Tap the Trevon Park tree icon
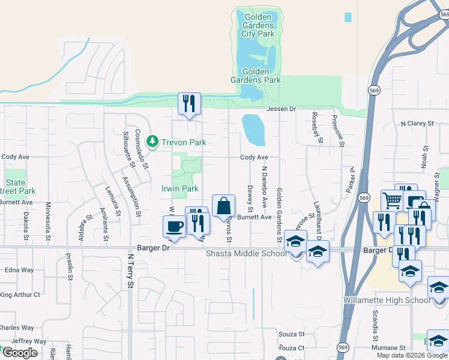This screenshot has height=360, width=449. [x=154, y=142]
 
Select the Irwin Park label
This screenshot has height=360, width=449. [x=180, y=188]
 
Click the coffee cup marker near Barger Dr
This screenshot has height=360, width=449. [x=174, y=226]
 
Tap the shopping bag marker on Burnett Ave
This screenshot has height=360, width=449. [x=223, y=206]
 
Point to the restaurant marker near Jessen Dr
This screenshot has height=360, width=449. [x=190, y=104]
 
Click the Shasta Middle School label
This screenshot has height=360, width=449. [x=246, y=253]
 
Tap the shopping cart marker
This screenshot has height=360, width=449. [x=391, y=200]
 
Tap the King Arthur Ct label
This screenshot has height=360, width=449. [x=20, y=295]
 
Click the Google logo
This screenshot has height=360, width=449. [x=20, y=353]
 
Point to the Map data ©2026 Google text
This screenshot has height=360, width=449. [x=411, y=355]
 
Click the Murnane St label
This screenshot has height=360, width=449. [x=388, y=347]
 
